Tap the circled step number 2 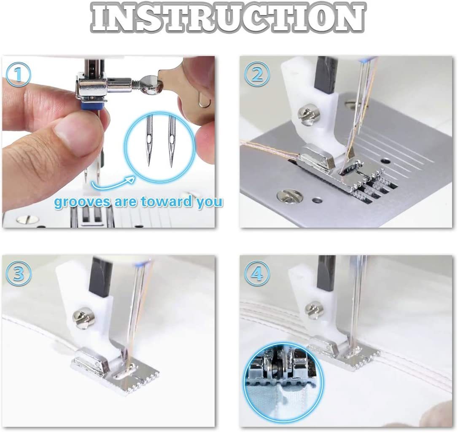click(x=257, y=75)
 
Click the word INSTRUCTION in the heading click(x=228, y=18)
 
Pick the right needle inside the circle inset click(x=172, y=139)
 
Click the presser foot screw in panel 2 click(x=304, y=113)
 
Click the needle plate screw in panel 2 click(x=289, y=196)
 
